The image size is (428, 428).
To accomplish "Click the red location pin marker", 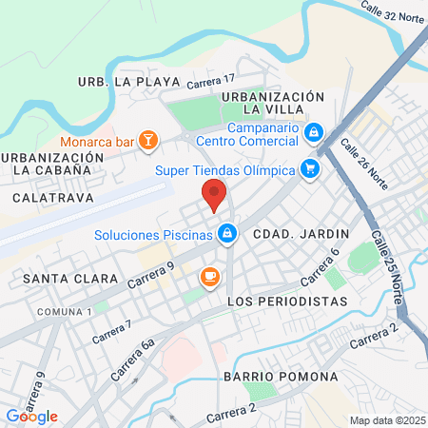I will point(214,194).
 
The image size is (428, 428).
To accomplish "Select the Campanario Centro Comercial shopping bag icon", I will point(315,133).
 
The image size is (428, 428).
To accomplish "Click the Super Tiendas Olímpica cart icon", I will point(308,170).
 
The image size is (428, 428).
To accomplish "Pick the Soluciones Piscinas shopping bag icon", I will point(226,233).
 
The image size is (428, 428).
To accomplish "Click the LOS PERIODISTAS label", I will point(289,301).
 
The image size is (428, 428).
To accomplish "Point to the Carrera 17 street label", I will point(210,84).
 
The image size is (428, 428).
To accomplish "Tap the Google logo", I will point(31,416).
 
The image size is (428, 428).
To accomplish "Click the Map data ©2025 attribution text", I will point(385,420).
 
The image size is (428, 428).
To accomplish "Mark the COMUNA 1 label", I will point(65,312).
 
